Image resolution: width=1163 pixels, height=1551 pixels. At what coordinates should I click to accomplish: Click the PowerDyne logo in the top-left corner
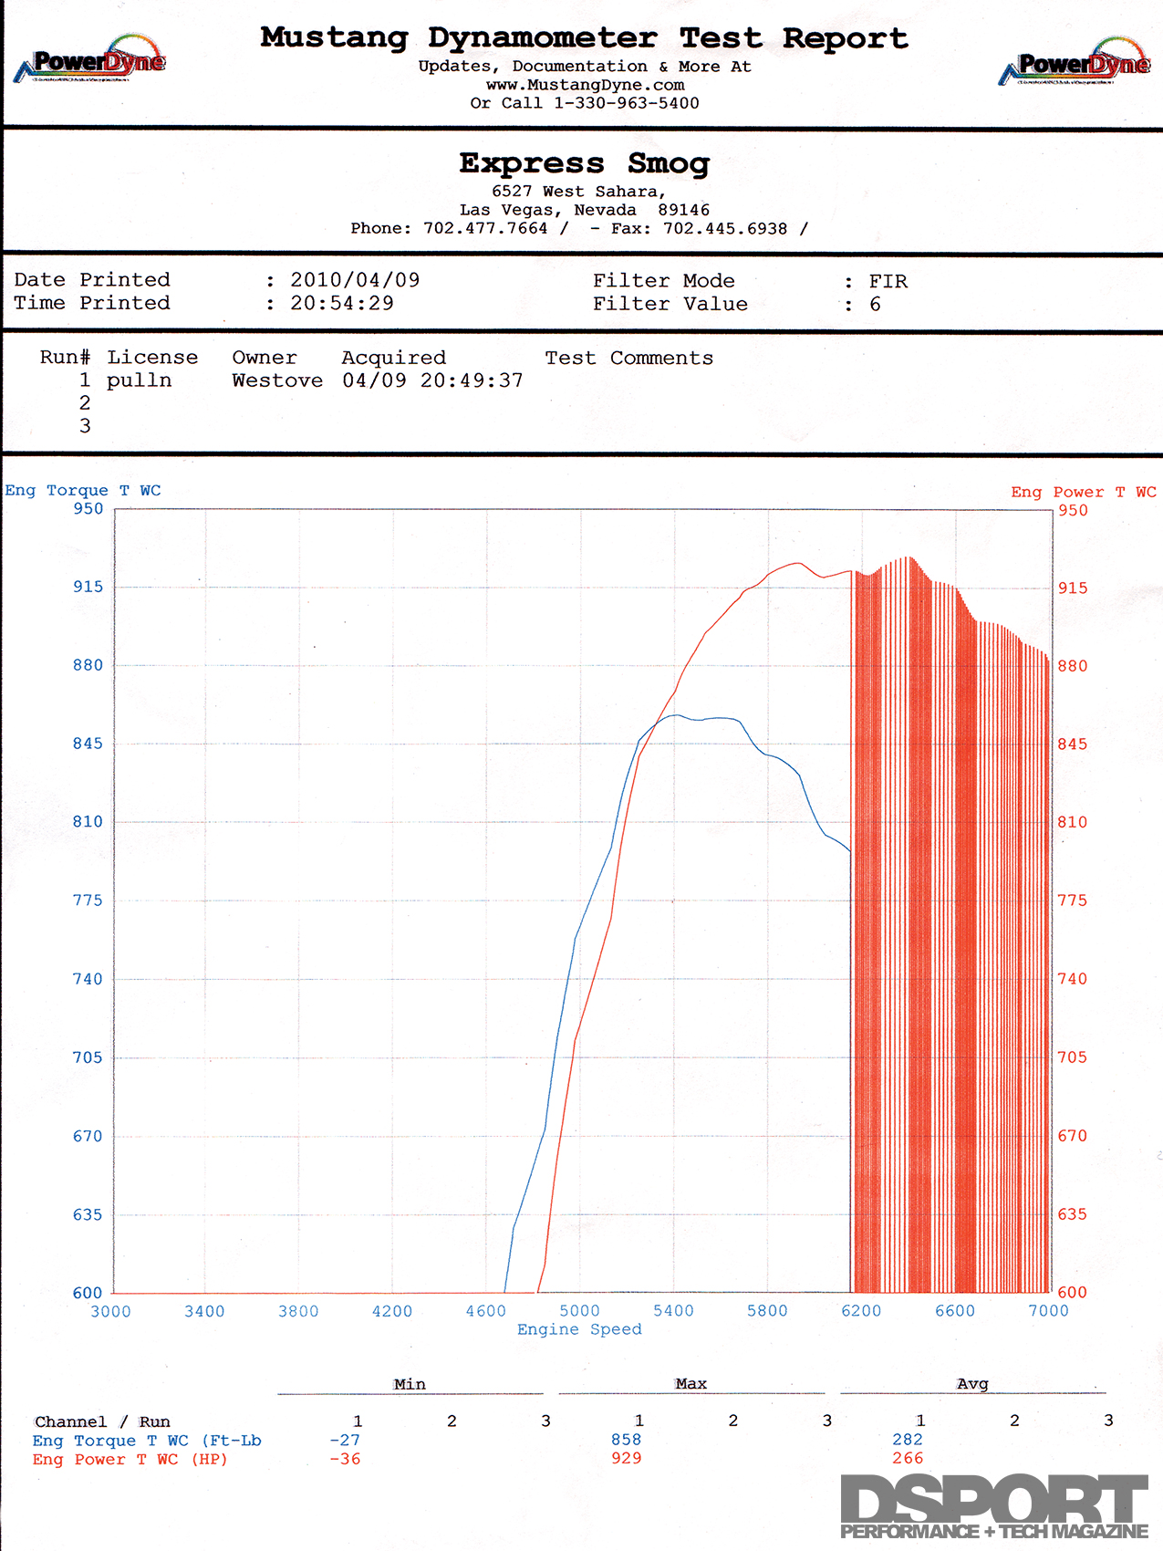coord(90,60)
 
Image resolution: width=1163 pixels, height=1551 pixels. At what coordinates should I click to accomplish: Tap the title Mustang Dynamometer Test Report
coord(584,38)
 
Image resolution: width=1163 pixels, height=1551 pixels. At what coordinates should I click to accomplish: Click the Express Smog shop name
coord(584,163)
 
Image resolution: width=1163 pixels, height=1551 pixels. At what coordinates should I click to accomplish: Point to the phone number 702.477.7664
coord(485,228)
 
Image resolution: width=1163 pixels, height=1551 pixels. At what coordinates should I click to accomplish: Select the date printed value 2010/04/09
coord(355,280)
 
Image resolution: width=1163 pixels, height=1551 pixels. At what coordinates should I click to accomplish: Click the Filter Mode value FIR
coord(888,281)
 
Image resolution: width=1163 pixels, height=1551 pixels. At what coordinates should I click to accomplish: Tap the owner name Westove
coord(277,380)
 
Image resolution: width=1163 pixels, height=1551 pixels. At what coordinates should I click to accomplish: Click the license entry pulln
coord(139,380)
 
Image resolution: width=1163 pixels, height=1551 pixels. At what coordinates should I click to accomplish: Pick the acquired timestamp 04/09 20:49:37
coord(432,380)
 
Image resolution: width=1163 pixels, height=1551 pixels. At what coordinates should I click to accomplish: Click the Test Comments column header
coord(628,358)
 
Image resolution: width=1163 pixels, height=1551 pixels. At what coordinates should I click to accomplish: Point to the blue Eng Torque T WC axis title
coord(83,491)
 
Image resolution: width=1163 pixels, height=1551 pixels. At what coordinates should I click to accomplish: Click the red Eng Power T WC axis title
coord(1083,492)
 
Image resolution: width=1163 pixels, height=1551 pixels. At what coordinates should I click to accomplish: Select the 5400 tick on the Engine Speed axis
coord(673,1311)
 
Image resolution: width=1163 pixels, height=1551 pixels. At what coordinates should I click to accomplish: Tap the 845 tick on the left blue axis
coord(88,744)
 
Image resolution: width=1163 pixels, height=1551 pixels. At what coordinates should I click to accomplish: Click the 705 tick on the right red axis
coord(1073,1057)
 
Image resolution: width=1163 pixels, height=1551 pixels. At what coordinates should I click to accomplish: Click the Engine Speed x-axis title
coord(579,1329)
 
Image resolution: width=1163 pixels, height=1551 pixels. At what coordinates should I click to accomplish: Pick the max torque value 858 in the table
coord(627,1440)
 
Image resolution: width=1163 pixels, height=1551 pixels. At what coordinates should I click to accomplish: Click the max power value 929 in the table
coord(627,1458)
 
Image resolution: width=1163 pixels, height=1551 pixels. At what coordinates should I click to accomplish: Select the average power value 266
coord(908,1458)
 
